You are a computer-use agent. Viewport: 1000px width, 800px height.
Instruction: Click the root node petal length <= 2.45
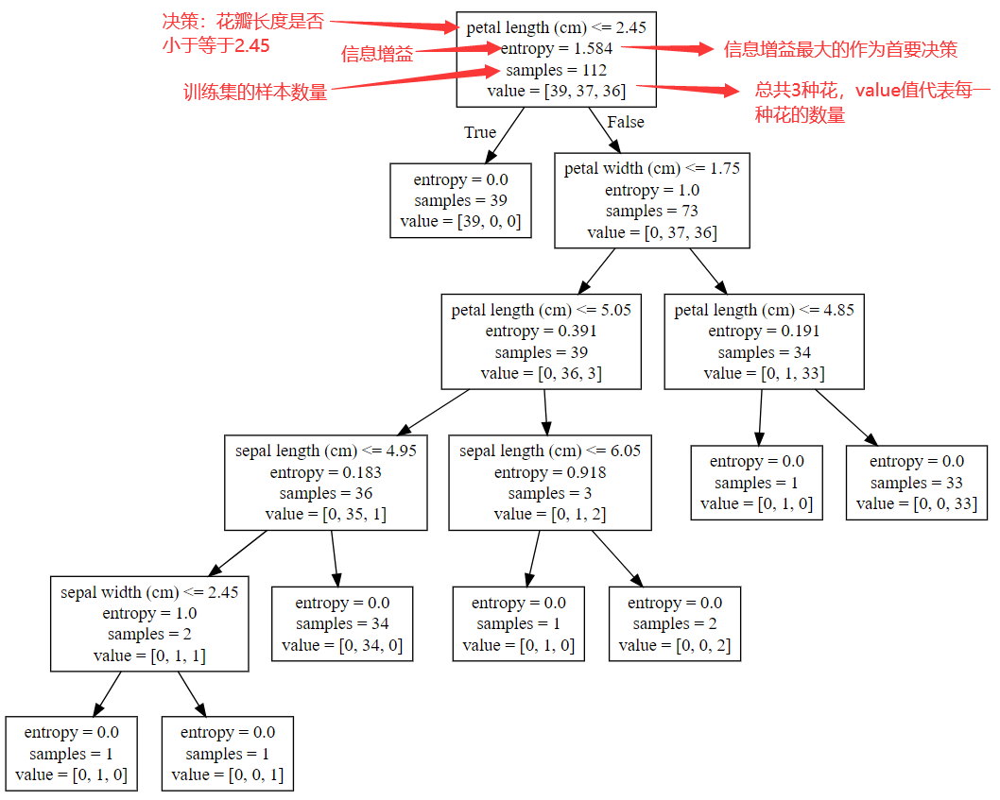click(556, 60)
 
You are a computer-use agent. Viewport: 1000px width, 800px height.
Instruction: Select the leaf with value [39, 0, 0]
click(460, 200)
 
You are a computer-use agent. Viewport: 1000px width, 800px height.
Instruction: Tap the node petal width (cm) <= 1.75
click(652, 200)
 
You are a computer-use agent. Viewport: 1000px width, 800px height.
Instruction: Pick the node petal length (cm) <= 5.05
click(541, 341)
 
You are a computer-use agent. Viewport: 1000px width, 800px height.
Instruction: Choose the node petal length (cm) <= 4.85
click(764, 341)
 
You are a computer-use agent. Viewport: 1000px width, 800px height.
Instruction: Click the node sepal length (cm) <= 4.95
click(325, 483)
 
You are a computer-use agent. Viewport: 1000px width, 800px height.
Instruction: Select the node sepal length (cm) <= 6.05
click(549, 483)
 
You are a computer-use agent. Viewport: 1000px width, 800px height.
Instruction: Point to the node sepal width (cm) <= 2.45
click(149, 623)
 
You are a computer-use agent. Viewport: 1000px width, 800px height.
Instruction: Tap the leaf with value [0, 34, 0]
click(342, 623)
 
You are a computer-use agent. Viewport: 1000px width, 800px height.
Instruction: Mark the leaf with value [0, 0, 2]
click(674, 623)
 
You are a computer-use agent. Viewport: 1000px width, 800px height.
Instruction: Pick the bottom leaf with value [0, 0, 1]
click(227, 754)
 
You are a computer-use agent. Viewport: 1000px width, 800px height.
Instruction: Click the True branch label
click(480, 132)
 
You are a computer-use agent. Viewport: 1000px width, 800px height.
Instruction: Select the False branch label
click(625, 122)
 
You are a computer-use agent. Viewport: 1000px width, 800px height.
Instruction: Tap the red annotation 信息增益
click(377, 55)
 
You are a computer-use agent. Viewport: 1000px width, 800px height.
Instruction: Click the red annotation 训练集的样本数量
click(255, 93)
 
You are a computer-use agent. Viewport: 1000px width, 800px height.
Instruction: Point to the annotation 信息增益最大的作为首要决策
click(840, 49)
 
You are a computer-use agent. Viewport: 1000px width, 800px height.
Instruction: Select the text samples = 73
click(652, 212)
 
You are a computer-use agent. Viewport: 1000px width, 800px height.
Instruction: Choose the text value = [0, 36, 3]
click(541, 373)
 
